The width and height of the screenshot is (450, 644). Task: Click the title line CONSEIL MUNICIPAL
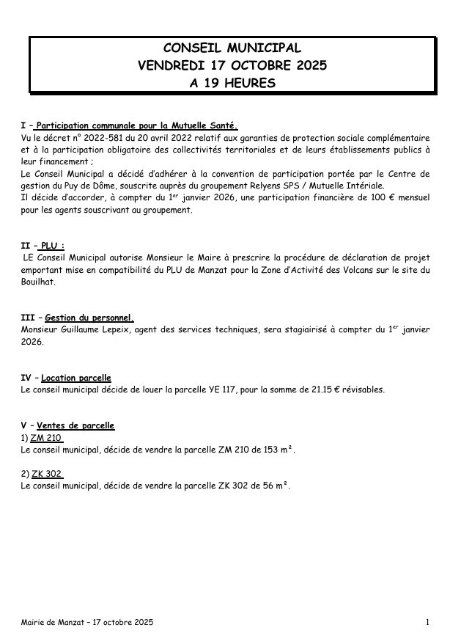[x=232, y=48]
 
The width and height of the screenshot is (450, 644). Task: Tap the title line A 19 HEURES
[x=232, y=83]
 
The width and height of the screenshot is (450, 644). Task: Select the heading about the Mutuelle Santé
[x=138, y=125]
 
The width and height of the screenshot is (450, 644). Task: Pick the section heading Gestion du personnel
[x=89, y=318]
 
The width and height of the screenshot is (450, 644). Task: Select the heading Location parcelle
[x=76, y=378]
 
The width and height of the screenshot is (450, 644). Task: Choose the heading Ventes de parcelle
[x=75, y=425]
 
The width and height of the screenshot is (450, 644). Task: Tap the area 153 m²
[x=276, y=450]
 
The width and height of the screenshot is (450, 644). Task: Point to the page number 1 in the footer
[x=427, y=623]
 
